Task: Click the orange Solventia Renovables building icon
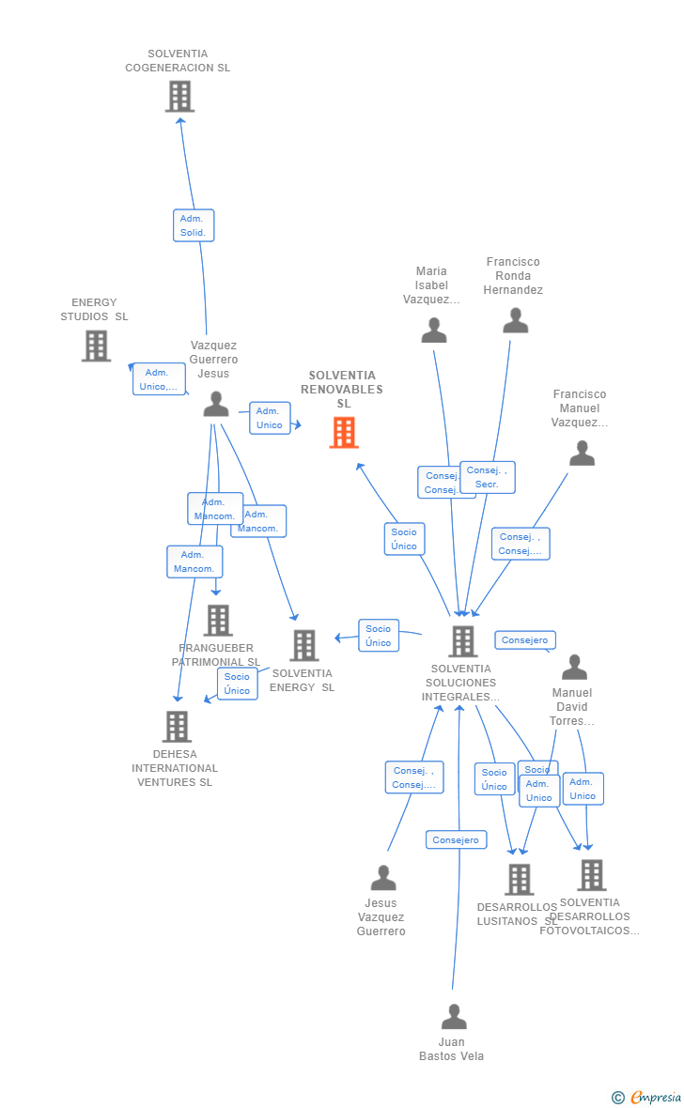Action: click(x=344, y=433)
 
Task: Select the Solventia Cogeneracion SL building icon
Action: click(x=179, y=96)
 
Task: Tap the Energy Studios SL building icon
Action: click(x=96, y=346)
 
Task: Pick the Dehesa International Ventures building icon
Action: click(x=177, y=727)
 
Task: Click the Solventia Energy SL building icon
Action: click(x=304, y=645)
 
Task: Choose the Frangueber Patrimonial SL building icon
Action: click(x=218, y=620)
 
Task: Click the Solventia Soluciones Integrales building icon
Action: click(x=462, y=641)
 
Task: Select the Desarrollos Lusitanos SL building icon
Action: click(x=519, y=880)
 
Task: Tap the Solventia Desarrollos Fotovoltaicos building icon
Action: click(x=591, y=875)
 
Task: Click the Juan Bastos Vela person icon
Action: click(x=454, y=1017)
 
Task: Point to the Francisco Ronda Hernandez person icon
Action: click(x=515, y=321)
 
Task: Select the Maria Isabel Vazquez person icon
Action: click(x=434, y=331)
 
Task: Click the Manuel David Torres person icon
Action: click(x=574, y=668)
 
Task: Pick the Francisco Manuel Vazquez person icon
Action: click(x=582, y=454)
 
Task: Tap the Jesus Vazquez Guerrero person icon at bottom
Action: click(x=383, y=878)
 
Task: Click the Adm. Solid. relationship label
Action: click(x=194, y=225)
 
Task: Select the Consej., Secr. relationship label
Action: click(x=487, y=477)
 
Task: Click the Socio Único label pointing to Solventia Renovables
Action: click(x=404, y=539)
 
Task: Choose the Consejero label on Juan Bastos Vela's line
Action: click(x=456, y=840)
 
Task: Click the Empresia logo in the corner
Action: click(x=647, y=1097)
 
